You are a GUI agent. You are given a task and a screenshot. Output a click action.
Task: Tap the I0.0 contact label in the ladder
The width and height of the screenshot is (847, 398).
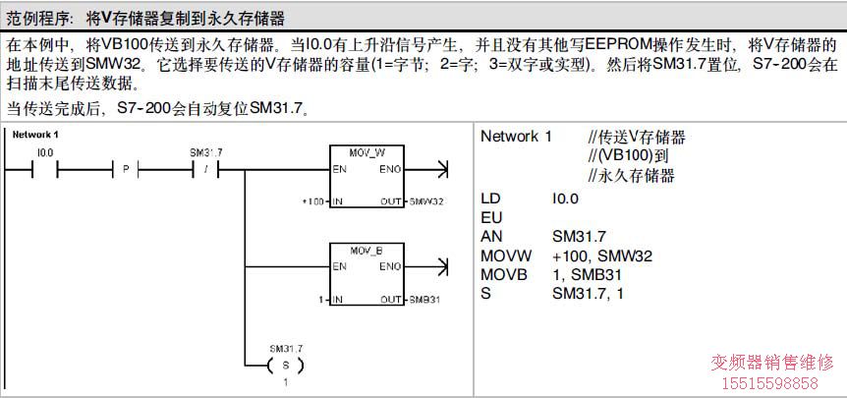(44, 152)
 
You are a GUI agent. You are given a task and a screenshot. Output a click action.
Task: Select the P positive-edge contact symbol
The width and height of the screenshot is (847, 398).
(126, 170)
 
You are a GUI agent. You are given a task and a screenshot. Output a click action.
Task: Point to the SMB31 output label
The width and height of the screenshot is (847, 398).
(423, 299)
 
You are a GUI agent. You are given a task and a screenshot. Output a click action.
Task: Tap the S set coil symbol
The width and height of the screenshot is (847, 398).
(286, 366)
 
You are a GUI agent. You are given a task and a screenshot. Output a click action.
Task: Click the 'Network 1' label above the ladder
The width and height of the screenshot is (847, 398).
(36, 134)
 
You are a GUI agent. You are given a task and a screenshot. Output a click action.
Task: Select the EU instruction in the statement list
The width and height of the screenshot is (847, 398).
(491, 216)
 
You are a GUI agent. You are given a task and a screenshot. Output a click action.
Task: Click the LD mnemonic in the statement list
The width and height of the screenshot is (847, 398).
(491, 198)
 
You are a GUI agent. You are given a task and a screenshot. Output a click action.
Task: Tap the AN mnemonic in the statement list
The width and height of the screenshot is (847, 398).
(491, 236)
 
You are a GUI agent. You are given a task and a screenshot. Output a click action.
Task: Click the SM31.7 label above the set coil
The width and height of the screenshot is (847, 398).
(286, 348)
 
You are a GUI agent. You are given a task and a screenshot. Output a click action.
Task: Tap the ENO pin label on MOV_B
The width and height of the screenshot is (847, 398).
(389, 266)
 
